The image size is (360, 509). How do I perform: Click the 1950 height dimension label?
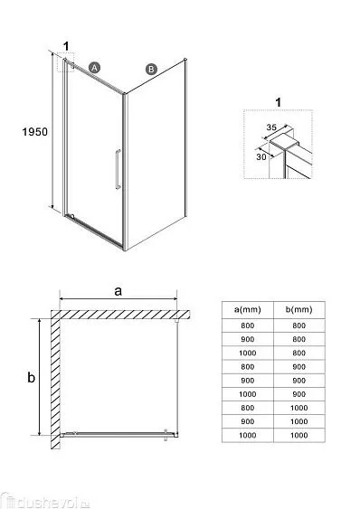34,131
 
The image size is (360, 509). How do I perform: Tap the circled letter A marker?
94,68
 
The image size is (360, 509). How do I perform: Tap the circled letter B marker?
151,69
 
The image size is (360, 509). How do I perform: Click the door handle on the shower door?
118,169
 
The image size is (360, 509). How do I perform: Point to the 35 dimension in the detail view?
271,127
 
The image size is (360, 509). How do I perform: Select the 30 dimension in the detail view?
261,156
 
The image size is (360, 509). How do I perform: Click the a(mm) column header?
248,309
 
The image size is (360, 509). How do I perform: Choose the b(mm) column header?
298,309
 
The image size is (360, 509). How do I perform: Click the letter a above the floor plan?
118,291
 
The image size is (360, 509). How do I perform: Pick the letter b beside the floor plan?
31,377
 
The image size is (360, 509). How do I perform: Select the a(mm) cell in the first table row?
248,325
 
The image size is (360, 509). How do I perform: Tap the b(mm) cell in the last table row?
298,435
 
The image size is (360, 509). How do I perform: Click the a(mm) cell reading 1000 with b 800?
248,353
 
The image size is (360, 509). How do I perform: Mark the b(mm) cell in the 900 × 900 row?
298,381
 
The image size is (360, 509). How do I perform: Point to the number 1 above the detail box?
278,102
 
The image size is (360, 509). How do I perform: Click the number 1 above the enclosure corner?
66,46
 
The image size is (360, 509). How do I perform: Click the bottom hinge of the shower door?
72,216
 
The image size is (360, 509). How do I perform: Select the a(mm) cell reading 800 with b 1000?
248,408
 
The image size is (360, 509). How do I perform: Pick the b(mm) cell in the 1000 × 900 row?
298,394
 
